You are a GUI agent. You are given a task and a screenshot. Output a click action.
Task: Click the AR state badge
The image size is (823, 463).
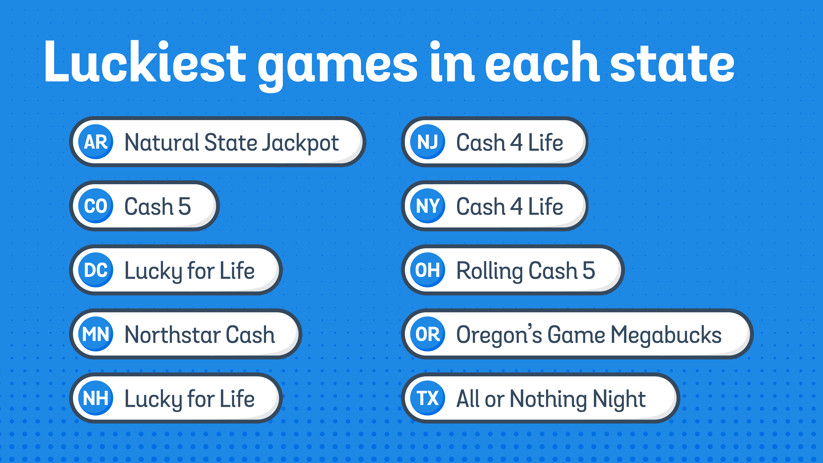[96, 142]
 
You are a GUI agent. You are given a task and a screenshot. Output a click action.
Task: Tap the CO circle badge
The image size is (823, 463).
[96, 206]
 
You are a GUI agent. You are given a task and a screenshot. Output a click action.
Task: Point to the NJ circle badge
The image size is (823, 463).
[427, 142]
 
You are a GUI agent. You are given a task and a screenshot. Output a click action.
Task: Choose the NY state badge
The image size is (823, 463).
[427, 206]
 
